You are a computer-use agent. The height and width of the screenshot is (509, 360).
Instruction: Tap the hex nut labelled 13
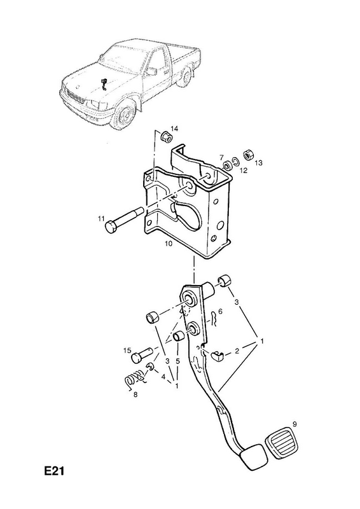pos(248,155)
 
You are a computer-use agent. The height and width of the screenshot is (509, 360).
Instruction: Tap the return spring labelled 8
pos(135,379)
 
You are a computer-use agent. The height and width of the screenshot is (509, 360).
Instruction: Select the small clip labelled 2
pos(217,356)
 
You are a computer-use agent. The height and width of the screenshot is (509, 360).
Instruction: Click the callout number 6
pos(221,311)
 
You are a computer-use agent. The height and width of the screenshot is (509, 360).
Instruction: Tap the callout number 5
pos(178,361)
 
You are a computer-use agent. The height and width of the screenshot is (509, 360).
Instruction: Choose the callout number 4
pos(163,377)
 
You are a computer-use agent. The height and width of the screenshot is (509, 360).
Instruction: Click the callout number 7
pos(221,157)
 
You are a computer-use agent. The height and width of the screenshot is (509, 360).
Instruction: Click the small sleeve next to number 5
pos(178,337)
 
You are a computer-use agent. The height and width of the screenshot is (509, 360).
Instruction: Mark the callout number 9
pos(294,424)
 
